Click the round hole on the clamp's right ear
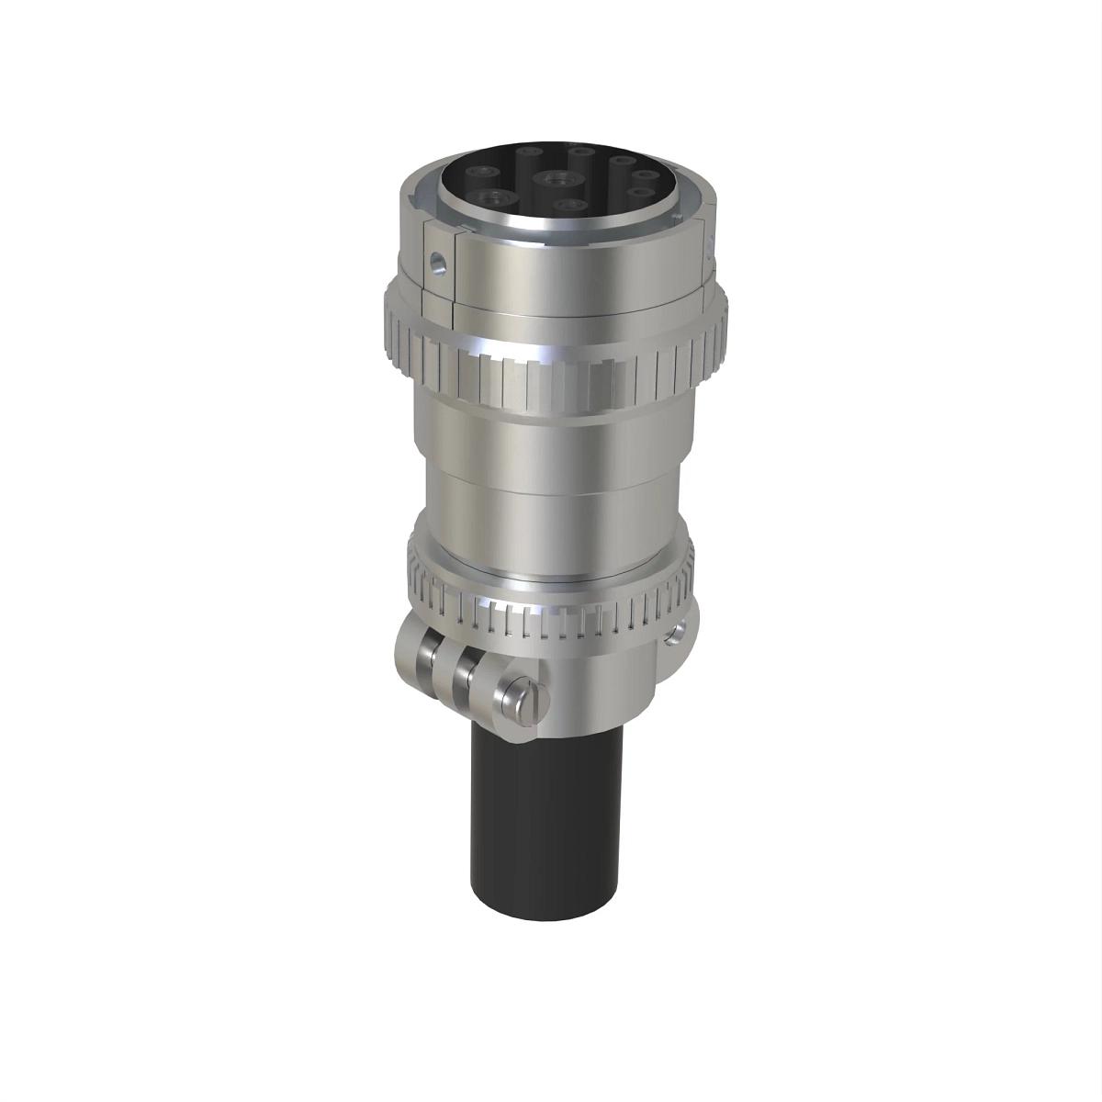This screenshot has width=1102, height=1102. (678, 635)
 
